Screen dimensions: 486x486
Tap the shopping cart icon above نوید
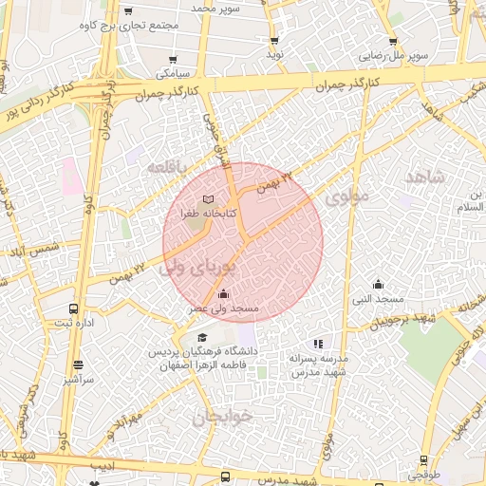pyautogui.click(x=274, y=41)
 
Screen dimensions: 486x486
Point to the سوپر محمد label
pyautogui.click(x=217, y=8)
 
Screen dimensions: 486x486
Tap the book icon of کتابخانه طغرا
pyautogui.click(x=208, y=199)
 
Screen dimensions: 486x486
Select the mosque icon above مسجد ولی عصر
pyautogui.click(x=223, y=293)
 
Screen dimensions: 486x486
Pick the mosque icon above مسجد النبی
pyautogui.click(x=378, y=284)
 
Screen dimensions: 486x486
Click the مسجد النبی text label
pyautogui.click(x=379, y=299)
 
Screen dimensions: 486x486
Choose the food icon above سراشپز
pyautogui.click(x=77, y=364)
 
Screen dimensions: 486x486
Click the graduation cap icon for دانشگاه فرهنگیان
pyautogui.click(x=201, y=337)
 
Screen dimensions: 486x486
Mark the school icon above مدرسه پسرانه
pyautogui.click(x=318, y=344)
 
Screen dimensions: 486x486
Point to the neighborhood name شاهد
pyautogui.click(x=423, y=177)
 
